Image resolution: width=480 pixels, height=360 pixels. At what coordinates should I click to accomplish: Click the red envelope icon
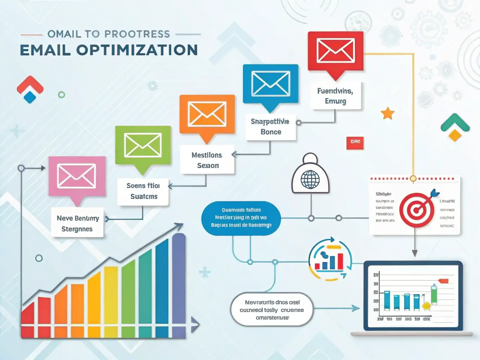335,51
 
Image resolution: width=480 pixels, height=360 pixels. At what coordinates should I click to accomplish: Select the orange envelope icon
207,114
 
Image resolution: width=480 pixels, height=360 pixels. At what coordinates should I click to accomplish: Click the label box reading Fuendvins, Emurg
335,96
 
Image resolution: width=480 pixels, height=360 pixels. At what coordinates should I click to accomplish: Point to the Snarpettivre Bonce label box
270,127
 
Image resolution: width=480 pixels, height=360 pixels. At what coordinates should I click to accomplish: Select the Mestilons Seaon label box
207,160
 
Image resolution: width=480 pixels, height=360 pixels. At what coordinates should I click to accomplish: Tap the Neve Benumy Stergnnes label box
77,224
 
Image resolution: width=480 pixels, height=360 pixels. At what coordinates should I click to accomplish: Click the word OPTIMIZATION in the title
137,50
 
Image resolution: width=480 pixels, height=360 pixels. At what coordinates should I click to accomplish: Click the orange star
388,113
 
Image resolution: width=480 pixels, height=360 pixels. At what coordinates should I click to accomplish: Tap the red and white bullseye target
417,210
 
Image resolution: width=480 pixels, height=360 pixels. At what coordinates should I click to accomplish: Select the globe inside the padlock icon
310,180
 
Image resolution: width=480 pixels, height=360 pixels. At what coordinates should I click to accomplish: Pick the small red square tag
355,142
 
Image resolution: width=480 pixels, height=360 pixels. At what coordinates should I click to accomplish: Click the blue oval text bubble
241,218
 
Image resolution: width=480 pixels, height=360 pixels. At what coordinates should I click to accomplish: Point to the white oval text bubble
272,310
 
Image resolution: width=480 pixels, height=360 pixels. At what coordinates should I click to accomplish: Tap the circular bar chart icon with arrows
330,259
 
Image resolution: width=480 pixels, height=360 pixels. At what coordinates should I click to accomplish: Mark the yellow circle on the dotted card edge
413,179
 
